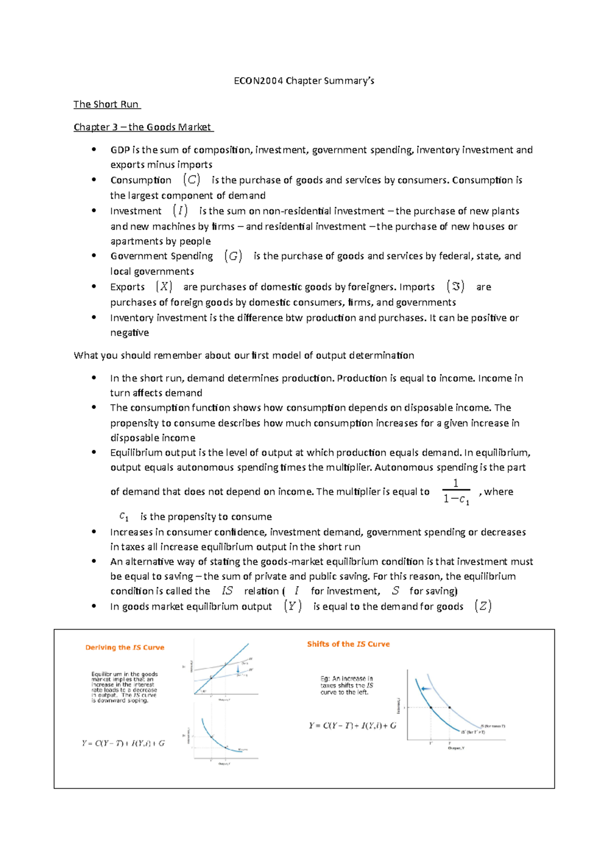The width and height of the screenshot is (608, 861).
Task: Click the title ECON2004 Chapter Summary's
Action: click(304, 81)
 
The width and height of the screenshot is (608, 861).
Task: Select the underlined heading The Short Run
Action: click(106, 104)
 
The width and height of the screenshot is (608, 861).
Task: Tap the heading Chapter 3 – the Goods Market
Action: click(143, 127)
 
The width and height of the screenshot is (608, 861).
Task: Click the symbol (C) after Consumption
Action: click(192, 180)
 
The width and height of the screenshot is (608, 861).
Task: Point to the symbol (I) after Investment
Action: click(180, 210)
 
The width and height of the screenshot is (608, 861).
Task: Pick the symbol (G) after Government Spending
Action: click(233, 256)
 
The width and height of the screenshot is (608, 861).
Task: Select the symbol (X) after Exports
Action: click(164, 286)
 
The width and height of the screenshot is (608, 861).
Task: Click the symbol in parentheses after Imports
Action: click(455, 286)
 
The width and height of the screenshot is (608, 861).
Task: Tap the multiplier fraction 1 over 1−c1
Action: click(456, 492)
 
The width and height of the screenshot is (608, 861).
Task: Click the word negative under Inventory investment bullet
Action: click(130, 333)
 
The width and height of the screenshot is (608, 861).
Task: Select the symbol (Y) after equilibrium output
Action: click(293, 606)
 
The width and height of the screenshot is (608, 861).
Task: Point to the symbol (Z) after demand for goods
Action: click(483, 606)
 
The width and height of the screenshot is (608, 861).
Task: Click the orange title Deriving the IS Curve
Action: click(125, 648)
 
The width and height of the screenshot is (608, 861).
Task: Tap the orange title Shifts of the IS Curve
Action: click(348, 644)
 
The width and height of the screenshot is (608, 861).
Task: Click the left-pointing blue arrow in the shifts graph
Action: click(426, 689)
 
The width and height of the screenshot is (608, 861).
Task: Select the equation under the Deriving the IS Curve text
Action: click(123, 743)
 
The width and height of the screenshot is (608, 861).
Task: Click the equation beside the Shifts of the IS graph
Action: click(353, 726)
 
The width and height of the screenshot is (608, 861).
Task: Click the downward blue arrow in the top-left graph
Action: click(238, 670)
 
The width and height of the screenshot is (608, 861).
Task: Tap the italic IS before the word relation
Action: click(227, 591)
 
